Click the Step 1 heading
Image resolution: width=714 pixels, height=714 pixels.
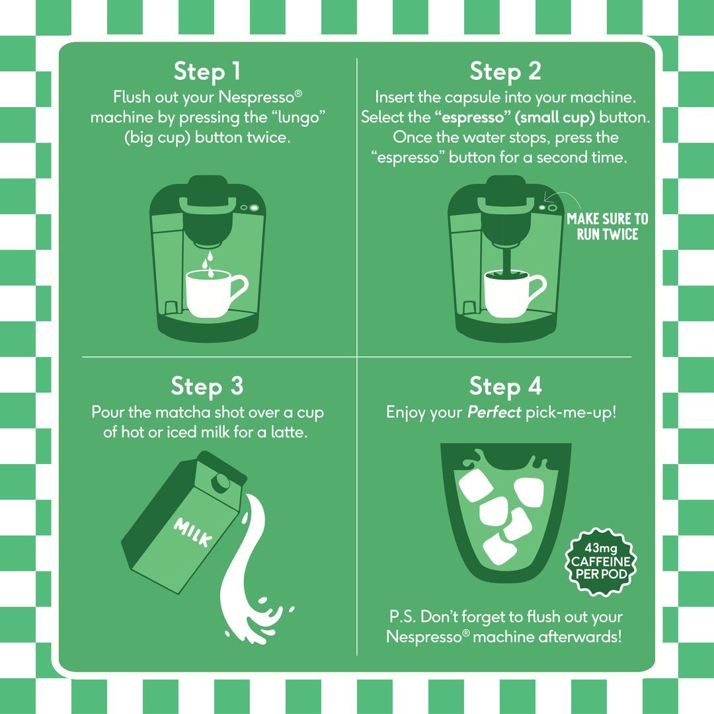coord(207,71)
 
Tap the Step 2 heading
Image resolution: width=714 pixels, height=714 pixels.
coord(506,71)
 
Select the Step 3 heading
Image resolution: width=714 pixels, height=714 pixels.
coord(207,386)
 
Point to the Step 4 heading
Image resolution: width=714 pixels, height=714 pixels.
coord(506,386)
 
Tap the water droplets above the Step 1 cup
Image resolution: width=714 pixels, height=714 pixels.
coord(208,264)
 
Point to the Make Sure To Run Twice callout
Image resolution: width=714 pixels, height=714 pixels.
coord(608,226)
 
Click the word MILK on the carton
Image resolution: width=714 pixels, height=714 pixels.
coord(192,532)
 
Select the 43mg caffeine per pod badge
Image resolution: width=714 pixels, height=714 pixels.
coord(600,561)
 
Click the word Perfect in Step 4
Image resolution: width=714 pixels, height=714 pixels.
coord(494,412)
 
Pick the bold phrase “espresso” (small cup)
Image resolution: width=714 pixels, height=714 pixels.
coord(514,118)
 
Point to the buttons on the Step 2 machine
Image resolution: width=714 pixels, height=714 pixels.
coord(548,207)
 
